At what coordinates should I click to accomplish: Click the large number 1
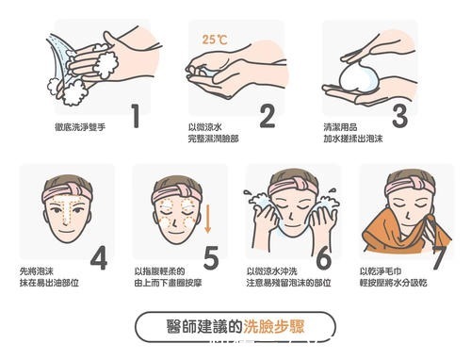(135, 114)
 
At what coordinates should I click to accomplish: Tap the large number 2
(267, 114)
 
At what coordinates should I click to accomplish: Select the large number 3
(399, 114)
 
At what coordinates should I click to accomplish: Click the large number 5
(211, 256)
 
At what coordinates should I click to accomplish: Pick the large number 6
(323, 256)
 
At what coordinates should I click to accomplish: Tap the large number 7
(436, 256)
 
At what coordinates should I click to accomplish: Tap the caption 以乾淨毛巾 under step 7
(378, 268)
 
